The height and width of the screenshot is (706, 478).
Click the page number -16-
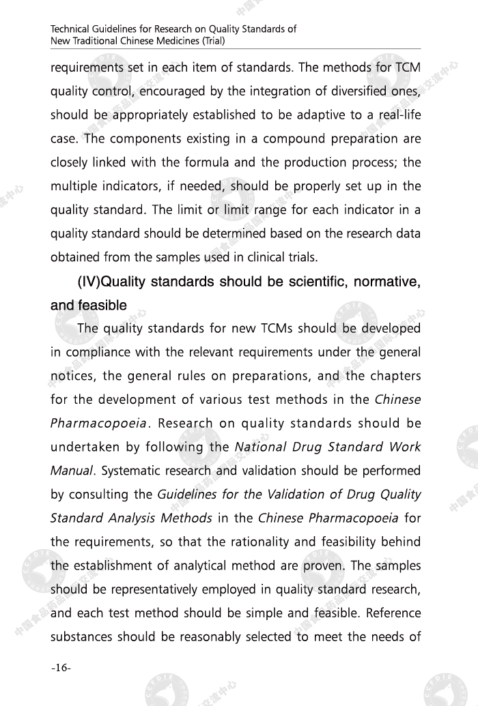[61, 667]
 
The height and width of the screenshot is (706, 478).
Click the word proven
[325, 566]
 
